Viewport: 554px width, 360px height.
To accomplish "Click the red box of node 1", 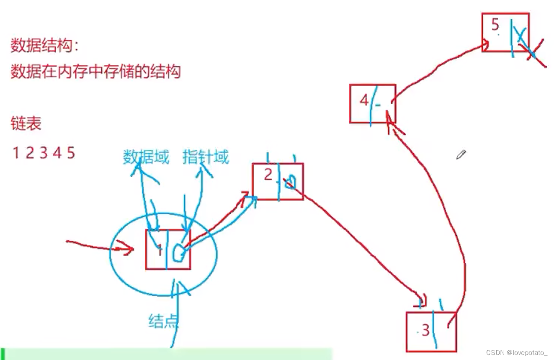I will coord(168,249).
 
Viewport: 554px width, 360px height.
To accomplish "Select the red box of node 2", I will coord(278,182).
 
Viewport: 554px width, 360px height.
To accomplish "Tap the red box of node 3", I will coord(431,332).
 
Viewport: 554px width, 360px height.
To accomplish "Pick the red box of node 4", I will coord(372,104).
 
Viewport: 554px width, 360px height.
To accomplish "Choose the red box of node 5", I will coord(505,32).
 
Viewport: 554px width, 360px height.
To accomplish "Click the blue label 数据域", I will coord(146,157).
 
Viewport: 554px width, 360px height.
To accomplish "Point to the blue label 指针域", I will coord(206,157).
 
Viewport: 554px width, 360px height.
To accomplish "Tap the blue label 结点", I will coord(163,321).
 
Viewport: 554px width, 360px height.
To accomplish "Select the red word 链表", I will coord(26,124).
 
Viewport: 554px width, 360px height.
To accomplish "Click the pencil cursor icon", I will coord(461,154).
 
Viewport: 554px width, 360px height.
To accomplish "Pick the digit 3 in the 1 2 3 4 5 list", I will coord(44,153).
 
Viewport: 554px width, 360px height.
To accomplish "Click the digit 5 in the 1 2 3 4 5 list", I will coord(71,153).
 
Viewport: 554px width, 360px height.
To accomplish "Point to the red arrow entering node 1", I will coord(100,246).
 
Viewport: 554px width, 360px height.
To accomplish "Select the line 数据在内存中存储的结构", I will coord(95,72).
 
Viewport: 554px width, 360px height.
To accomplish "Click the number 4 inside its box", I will coord(364,101).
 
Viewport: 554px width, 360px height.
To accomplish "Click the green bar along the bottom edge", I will coord(167,354).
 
